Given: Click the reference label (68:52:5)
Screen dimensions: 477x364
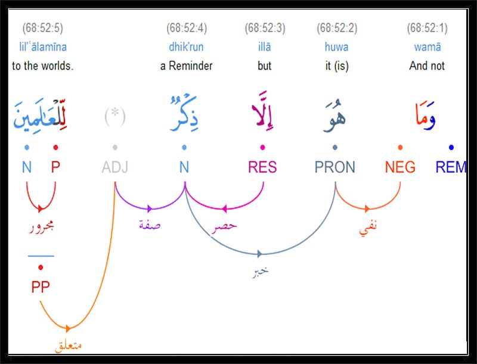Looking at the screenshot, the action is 42,28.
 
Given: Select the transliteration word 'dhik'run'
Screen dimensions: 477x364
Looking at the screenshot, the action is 186,47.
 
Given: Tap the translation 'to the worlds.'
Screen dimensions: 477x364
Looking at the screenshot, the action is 42,66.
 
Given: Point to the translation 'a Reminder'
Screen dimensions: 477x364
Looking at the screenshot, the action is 186,66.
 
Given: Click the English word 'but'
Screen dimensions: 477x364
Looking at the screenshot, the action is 264,66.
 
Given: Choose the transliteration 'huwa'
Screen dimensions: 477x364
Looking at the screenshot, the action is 336,47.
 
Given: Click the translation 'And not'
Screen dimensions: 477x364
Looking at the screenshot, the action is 427,66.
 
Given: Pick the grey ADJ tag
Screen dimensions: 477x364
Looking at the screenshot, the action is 115,167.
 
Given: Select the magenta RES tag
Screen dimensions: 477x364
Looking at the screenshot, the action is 262,167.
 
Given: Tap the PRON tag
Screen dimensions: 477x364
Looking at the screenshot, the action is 335,167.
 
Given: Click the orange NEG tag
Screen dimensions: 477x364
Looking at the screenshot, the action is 400,167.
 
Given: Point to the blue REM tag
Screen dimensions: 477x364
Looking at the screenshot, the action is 451,167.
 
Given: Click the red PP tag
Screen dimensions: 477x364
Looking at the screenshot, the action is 41,287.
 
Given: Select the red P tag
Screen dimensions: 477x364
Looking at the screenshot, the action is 55,167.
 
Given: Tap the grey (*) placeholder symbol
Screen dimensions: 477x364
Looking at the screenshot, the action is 115,116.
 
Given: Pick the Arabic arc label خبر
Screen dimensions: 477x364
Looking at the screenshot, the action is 261,271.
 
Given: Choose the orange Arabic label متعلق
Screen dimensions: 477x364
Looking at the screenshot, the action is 69,346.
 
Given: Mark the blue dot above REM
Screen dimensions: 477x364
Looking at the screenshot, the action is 451,147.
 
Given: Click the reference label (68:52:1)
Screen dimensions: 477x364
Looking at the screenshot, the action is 427,28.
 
